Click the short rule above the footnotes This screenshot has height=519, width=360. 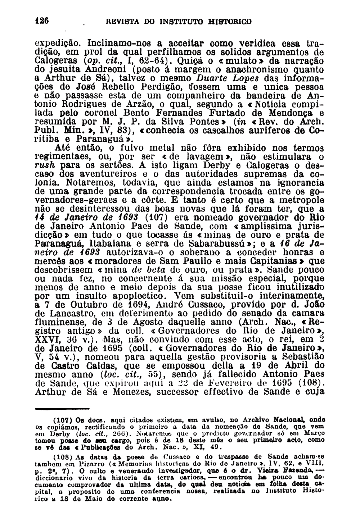[62, 409]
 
